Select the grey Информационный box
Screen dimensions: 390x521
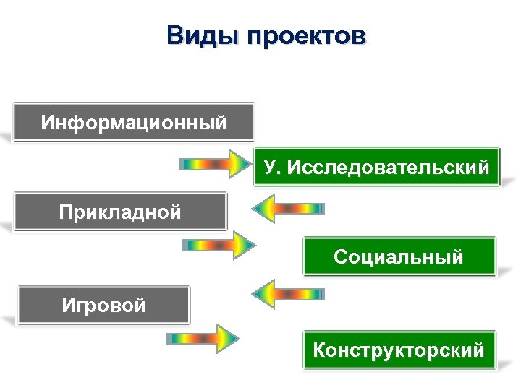[134, 121]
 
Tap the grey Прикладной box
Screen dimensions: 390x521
[120, 211]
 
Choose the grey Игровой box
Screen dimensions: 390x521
[103, 305]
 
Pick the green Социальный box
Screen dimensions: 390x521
[399, 256]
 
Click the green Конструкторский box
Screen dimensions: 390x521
[399, 350]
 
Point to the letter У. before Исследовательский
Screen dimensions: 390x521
[271, 168]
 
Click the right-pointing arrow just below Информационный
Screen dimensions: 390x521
[213, 164]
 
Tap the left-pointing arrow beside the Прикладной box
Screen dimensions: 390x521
[287, 209]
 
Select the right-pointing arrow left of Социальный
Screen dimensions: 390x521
[219, 246]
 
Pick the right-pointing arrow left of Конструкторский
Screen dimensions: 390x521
[203, 338]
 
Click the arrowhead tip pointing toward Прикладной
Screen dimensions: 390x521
[253, 209]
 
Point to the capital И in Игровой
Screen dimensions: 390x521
[68, 305]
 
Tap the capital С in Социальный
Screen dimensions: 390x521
[339, 256]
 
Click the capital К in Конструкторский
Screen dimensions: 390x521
[319, 350]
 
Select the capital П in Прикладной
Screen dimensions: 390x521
[66, 211]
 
